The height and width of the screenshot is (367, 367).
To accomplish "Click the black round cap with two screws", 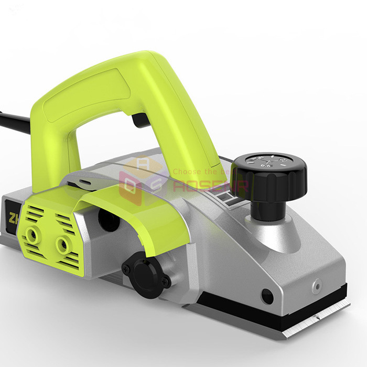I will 146,274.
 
